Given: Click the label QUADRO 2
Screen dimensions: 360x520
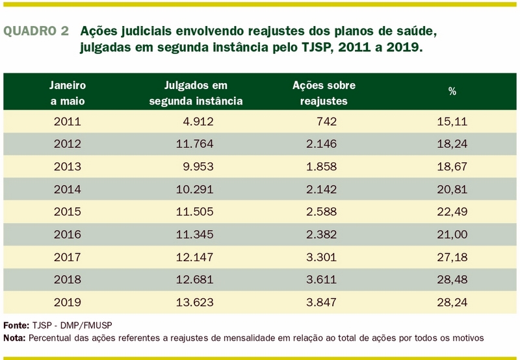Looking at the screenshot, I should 36,31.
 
